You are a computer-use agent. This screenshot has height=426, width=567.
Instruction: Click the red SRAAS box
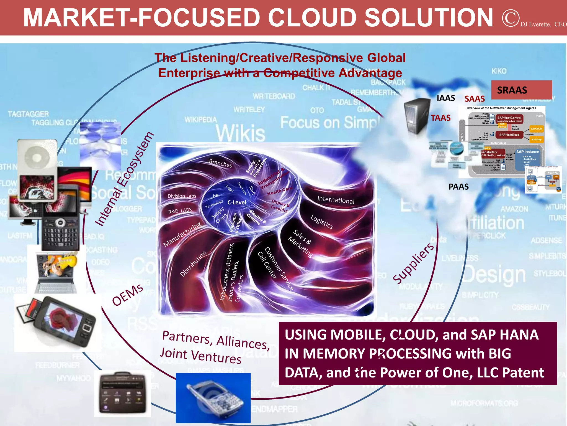point(521,90)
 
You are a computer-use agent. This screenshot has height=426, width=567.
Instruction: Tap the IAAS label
point(446,98)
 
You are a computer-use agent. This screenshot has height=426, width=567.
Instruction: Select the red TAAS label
point(440,118)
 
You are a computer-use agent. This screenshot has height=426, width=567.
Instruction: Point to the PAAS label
point(458,187)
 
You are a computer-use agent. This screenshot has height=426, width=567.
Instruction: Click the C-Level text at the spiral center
point(237,202)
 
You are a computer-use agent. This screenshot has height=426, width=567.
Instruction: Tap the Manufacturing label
point(182,235)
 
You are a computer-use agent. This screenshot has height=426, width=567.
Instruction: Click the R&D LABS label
point(180,211)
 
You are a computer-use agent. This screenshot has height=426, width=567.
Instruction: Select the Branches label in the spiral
point(220,163)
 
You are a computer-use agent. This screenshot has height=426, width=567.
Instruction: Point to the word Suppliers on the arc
point(413,263)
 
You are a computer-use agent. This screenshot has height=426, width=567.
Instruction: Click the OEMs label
point(127,295)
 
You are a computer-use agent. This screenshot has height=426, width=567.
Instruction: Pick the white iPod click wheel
point(37,158)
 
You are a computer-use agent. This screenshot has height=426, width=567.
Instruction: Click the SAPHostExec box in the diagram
point(509,135)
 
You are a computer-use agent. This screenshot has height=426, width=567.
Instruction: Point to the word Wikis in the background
point(240,133)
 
